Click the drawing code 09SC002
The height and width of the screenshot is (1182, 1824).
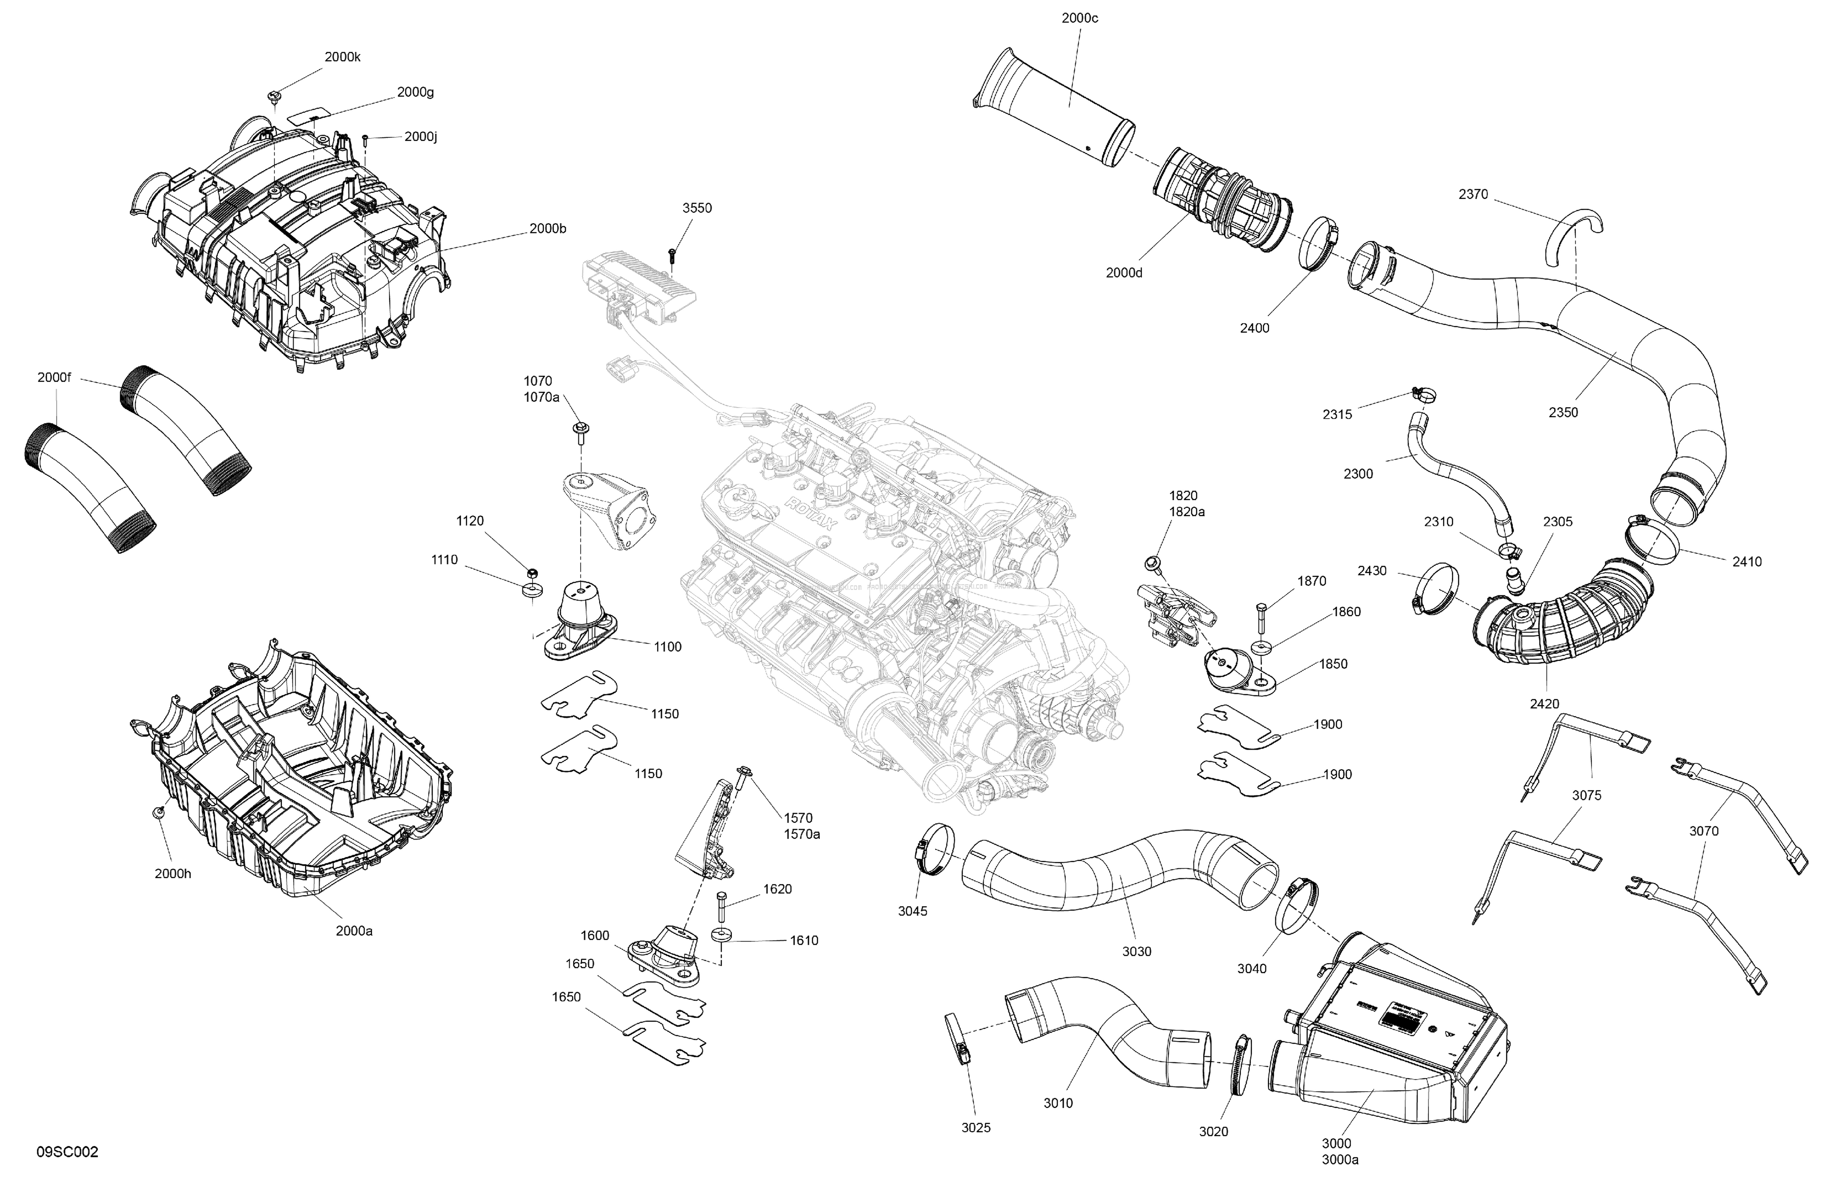click(x=68, y=1152)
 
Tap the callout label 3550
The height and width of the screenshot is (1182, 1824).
click(x=697, y=208)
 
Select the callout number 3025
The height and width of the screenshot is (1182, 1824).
click(x=975, y=1128)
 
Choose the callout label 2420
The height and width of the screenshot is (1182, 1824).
click(x=1544, y=704)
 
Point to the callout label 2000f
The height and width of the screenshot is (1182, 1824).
click(x=54, y=378)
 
